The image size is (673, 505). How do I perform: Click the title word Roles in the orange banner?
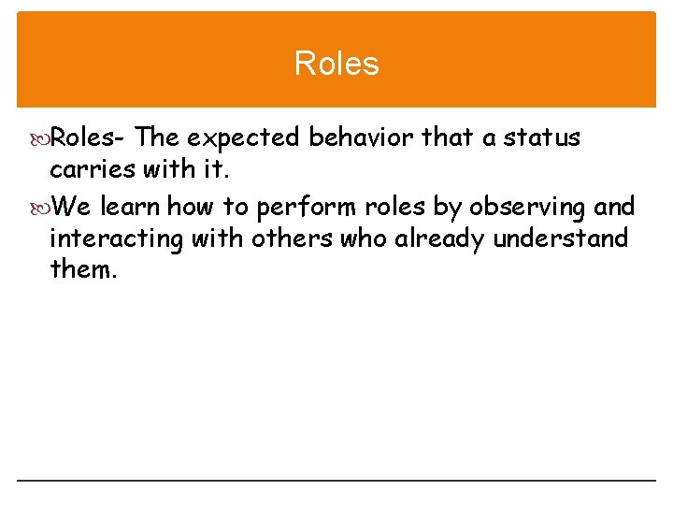pos(336,64)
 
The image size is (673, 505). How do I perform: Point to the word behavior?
pos(362,138)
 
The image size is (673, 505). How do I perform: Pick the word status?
pos(542,138)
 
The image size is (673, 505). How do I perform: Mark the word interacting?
pos(116,239)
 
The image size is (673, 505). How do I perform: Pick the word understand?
pos(561,239)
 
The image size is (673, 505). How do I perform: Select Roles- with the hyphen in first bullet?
pos(88,138)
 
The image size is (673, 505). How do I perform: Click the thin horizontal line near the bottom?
pos(336,481)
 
